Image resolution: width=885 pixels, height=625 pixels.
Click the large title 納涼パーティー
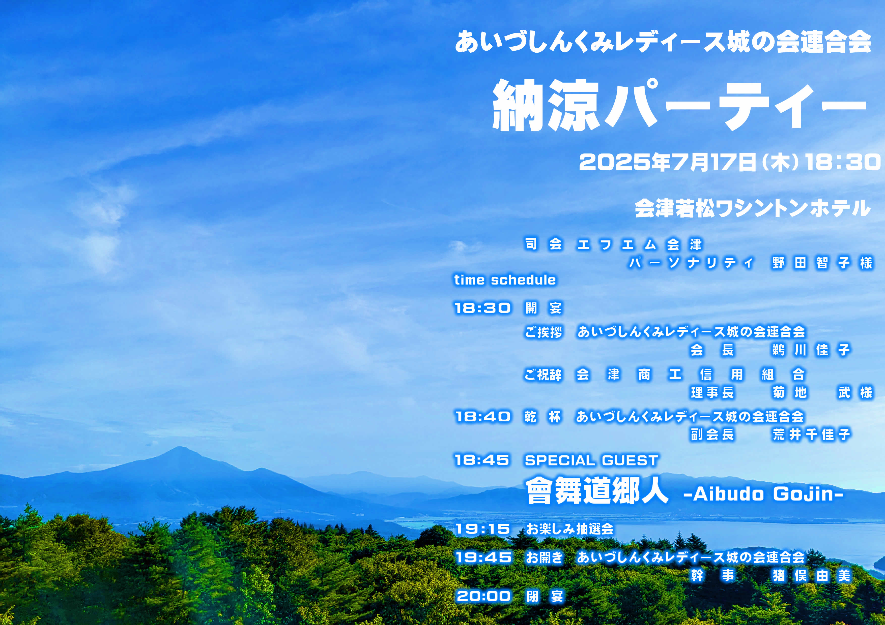pyautogui.click(x=679, y=105)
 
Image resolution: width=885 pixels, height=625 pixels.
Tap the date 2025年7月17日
pyautogui.click(x=667, y=162)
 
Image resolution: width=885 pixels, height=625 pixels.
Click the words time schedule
pyautogui.click(x=505, y=280)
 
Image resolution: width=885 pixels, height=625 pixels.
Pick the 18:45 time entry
pyautogui.click(x=482, y=460)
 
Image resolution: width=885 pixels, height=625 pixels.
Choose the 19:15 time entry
pyautogui.click(x=482, y=529)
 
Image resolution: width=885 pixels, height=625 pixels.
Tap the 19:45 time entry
pyautogui.click(x=483, y=557)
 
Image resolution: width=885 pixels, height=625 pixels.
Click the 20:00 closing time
pyautogui.click(x=483, y=596)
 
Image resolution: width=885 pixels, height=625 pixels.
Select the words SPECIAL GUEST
pyautogui.click(x=592, y=460)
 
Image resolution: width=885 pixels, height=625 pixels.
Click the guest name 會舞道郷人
pyautogui.click(x=597, y=491)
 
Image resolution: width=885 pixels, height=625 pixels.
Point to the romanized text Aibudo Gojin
pyautogui.click(x=763, y=494)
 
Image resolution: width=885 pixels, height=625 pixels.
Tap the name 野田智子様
pyautogui.click(x=822, y=263)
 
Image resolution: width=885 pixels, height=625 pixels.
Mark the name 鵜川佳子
pyautogui.click(x=811, y=350)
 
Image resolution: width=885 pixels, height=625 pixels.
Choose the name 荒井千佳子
pyautogui.click(x=811, y=435)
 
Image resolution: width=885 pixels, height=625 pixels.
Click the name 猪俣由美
pyautogui.click(x=811, y=576)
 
